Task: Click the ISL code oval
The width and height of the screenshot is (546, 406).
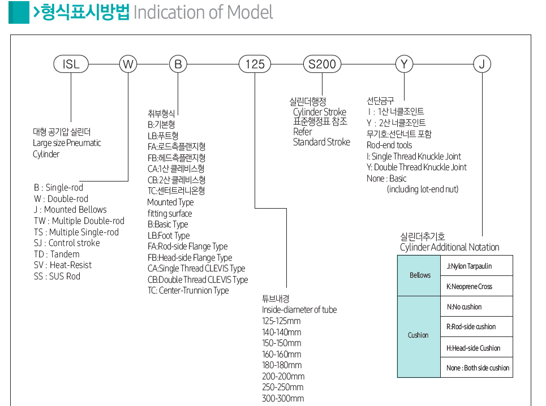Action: point(71,64)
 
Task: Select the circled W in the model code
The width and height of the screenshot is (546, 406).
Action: point(128,64)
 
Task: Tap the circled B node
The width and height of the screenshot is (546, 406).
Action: point(178,64)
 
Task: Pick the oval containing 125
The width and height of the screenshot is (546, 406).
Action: point(255,64)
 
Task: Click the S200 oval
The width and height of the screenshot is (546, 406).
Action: point(322,64)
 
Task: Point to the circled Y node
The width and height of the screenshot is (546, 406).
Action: point(404,64)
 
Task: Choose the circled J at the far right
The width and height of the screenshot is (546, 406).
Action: point(481,64)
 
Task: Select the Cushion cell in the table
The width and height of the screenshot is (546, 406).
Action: point(418,335)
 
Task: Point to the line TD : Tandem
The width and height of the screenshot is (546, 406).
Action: point(57,254)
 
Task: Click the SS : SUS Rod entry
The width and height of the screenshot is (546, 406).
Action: point(57,277)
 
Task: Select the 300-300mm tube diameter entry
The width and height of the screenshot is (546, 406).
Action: point(283,399)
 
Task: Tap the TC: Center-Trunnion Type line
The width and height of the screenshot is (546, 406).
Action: point(188,291)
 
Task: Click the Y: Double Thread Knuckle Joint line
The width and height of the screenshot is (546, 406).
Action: point(416,167)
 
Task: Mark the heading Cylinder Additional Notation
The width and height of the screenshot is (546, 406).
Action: point(450,247)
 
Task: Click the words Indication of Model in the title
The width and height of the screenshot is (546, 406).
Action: point(203,12)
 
